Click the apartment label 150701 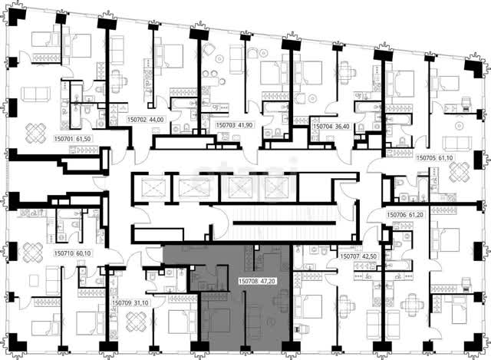[64, 139]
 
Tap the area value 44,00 [157, 120]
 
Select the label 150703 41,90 [234, 125]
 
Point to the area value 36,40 [342, 126]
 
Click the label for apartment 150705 [427, 158]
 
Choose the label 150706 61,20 [405, 215]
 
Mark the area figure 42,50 [369, 256]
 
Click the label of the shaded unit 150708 [249, 282]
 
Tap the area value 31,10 [141, 303]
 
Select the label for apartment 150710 [64, 253]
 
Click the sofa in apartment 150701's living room [35, 94]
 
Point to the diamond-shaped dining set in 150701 [36, 133]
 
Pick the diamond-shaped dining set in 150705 [460, 172]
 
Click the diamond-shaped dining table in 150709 [137, 322]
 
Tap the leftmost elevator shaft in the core [153, 188]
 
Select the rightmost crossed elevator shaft [276, 188]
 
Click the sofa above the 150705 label [457, 144]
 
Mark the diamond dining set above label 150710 [32, 253]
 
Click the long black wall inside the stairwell [285, 223]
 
